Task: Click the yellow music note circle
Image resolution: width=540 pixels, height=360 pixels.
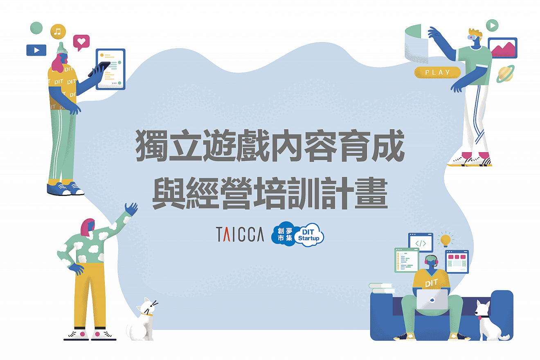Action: click(x=58, y=32)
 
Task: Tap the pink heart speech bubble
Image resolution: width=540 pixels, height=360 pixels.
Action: click(x=81, y=42)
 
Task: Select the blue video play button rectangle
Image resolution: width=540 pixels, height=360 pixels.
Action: click(x=36, y=50)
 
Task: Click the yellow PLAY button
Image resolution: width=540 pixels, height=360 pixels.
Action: click(x=437, y=72)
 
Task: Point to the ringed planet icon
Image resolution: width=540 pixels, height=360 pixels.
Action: click(x=505, y=74)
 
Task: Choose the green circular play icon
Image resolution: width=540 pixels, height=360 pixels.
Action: click(x=492, y=25)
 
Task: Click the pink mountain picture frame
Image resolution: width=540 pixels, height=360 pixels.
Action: click(x=503, y=48)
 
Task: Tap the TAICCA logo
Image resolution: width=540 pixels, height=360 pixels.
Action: click(x=240, y=234)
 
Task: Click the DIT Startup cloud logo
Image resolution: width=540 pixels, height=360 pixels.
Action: click(x=298, y=234)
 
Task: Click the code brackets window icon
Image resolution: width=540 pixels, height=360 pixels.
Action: click(x=421, y=242)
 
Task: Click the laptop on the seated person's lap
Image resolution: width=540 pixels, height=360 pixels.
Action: click(x=432, y=299)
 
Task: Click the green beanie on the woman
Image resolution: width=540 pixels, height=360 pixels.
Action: click(x=62, y=48)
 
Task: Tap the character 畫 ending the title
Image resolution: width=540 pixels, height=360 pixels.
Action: click(x=371, y=193)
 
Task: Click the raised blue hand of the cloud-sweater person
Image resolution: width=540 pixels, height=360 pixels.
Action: click(x=131, y=209)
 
